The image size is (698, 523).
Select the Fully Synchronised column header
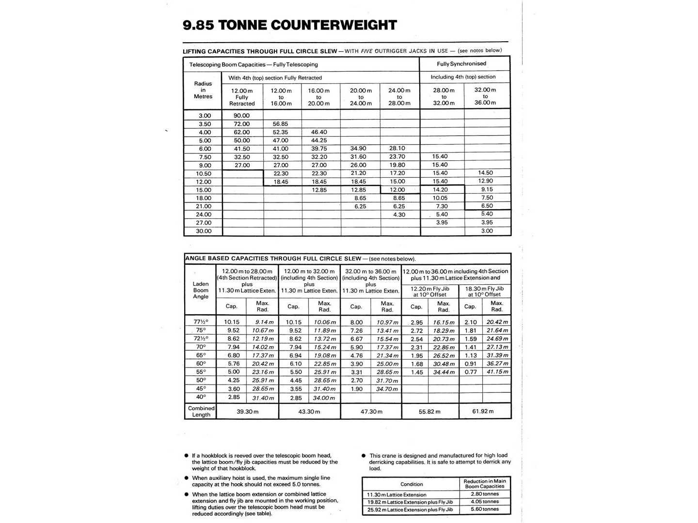click(461, 64)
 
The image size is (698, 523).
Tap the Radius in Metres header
click(203, 90)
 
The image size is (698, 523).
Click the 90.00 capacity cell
click(241, 116)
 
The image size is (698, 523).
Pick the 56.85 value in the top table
click(280, 124)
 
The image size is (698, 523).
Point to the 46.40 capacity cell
click(319, 132)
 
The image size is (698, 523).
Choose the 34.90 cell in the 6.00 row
click(358, 149)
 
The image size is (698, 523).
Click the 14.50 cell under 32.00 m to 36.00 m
click(485, 173)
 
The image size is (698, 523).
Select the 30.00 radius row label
click(204, 231)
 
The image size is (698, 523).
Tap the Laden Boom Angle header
click(201, 290)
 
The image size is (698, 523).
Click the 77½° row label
click(201, 322)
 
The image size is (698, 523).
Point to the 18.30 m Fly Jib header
click(484, 292)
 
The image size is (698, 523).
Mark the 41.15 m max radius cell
click(497, 372)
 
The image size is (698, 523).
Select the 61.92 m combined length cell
click(483, 411)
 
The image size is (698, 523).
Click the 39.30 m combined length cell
click(247, 411)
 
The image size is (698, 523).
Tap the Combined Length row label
click(201, 411)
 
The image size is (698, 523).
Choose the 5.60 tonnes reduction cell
click(485, 509)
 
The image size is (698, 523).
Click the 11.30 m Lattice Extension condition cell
click(397, 495)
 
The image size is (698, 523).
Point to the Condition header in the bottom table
click(412, 484)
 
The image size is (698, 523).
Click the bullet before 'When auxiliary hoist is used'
click(186, 478)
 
